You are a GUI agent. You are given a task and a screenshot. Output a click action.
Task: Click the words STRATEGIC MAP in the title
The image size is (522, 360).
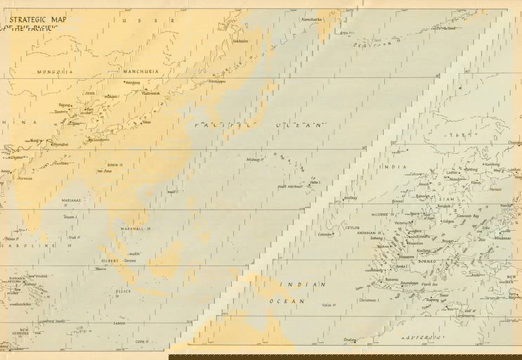coord(39,20)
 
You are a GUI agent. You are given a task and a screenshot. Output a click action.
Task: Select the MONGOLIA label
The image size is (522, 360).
coord(55,72)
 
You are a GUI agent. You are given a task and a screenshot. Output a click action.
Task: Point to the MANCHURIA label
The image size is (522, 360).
coord(141,71)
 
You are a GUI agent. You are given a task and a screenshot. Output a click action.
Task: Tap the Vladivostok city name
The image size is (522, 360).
coord(150,93)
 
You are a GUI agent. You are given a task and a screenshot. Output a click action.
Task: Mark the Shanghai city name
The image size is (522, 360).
coord(60,144)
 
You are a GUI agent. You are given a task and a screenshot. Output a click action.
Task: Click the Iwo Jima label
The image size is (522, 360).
coord(105,170)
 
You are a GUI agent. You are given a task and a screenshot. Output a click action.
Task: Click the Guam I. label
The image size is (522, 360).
coord(70,217)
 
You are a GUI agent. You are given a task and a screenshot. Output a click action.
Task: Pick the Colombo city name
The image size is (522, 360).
coord(324,234)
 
